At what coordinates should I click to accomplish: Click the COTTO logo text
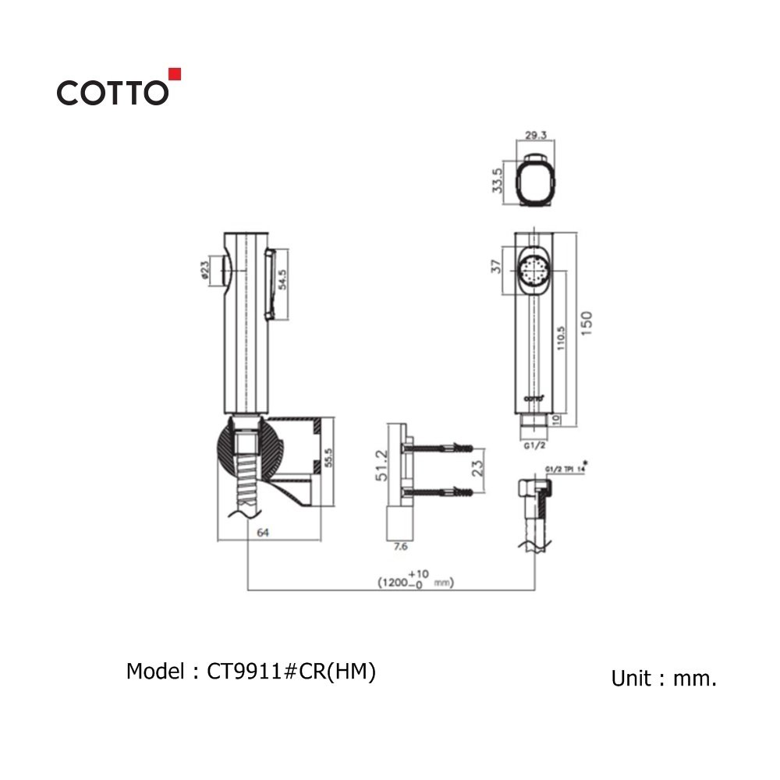coord(112,93)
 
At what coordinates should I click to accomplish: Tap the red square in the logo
coord(175,74)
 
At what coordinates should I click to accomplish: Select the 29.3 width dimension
coord(535,135)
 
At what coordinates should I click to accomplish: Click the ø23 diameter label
coord(204,270)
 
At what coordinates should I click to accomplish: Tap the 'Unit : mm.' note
coord(664,679)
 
